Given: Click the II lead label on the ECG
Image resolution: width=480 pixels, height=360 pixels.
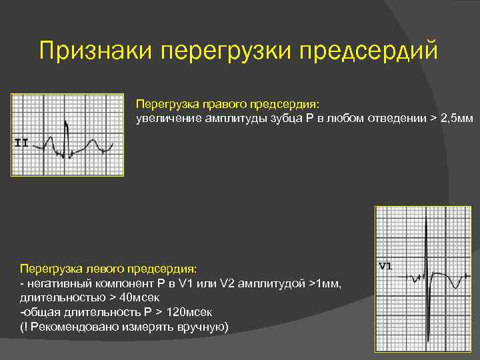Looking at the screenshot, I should click(x=21, y=142).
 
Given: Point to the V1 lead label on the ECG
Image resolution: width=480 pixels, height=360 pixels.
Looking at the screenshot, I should click(x=385, y=267).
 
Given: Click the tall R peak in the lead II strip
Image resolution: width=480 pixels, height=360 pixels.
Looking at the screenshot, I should click(x=65, y=123).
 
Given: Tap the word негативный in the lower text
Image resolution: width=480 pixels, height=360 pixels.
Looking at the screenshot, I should click(x=53, y=283).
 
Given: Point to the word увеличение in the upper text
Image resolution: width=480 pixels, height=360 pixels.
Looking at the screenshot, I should click(x=163, y=119).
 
